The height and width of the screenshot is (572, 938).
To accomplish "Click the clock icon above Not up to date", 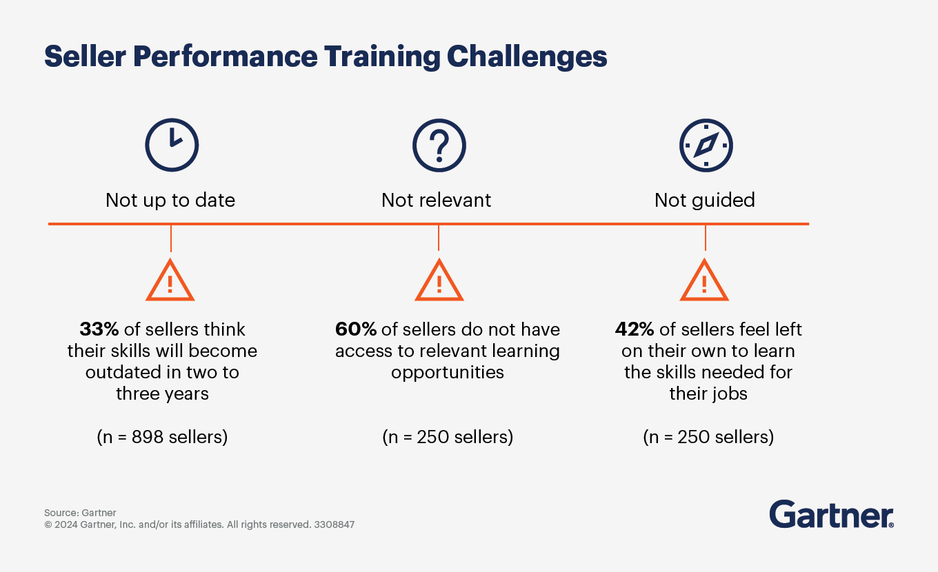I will coord(171,145).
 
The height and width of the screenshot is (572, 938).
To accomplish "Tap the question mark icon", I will coord(439,145).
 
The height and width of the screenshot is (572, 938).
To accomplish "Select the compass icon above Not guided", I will coord(706,145).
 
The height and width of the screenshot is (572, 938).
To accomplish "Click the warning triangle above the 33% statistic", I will coord(170,281).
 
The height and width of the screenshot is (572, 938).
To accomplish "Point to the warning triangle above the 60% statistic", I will coord(439,281).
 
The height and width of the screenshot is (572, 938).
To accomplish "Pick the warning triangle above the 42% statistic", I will coord(704,281).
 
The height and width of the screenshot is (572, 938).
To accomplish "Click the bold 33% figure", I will coord(99,329).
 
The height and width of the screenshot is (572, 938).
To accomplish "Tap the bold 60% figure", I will coord(356,329).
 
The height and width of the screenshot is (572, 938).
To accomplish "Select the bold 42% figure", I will coord(635,329).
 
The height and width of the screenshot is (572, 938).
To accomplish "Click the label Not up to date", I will coord(170,201).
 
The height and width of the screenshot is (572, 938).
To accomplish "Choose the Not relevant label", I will coord(436,201).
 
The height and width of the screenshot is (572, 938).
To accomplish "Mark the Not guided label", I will coord(704,201).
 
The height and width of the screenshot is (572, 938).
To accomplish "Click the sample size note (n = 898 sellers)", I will coord(163,437).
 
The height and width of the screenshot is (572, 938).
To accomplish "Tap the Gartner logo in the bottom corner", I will coord(831,515).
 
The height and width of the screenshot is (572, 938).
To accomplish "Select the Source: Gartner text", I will coord(80,513).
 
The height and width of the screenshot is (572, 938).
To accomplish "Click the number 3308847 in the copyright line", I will coord(334,524).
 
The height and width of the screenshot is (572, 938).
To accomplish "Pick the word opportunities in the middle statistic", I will coord(448,373).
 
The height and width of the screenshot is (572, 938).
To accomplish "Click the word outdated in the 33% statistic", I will coord(123,373).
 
